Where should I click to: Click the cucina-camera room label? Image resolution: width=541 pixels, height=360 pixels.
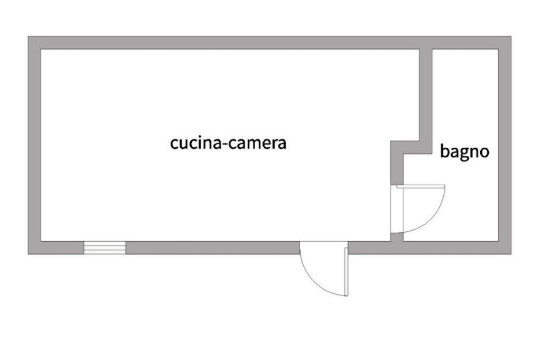228,143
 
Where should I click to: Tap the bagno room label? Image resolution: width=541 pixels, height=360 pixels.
465,152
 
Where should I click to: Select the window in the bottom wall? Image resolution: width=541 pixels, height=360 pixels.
105,248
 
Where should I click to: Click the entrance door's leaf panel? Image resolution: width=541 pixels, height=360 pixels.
346,270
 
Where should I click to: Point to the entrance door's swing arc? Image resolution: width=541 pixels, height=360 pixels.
312,280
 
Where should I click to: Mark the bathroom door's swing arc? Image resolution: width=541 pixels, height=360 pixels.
436,216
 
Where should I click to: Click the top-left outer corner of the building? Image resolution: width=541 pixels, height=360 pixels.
29,37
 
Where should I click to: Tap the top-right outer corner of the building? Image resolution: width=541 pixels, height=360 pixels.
510,37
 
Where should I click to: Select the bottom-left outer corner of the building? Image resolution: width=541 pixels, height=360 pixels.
29,253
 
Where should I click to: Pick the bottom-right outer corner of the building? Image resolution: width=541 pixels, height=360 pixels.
510,253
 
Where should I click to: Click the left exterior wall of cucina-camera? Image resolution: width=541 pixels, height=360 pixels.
35,145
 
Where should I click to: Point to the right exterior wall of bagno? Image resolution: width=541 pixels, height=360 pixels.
505,145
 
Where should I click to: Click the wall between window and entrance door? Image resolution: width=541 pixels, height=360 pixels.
211,248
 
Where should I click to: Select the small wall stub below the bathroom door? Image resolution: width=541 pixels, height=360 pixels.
396,237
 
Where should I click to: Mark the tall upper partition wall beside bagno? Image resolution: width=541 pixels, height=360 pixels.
426,95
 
